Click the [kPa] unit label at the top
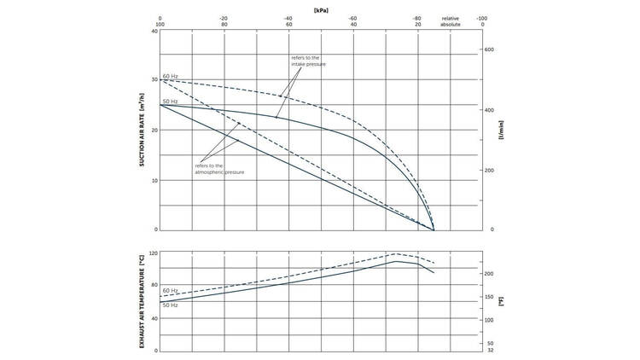tap(321, 9)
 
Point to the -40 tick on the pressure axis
tap(288, 18)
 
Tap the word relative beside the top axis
tap(450, 18)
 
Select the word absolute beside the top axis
tap(450, 25)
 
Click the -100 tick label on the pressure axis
tap(481, 18)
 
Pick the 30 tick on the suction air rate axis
tap(154, 80)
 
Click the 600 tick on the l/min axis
tap(490, 49)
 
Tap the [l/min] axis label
tap(502, 141)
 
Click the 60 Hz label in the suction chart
tap(170, 76)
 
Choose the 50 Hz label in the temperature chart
tap(170, 305)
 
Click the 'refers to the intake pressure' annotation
tap(309, 61)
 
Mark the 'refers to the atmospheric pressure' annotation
tap(219, 169)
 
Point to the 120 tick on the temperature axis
tap(154, 254)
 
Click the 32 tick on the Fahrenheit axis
tap(490, 351)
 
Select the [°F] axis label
tap(502, 300)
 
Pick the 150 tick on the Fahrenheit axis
tap(490, 298)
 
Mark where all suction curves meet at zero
tap(433, 229)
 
